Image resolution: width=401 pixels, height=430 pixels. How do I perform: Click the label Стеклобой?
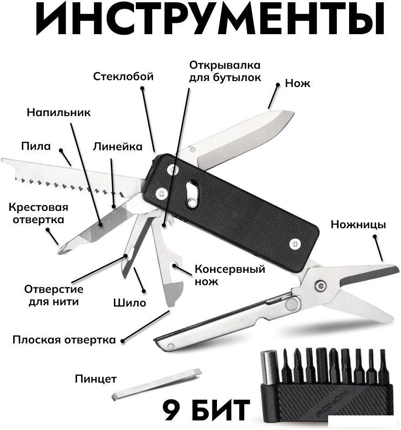[123, 76]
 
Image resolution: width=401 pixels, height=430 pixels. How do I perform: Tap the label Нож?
[298, 83]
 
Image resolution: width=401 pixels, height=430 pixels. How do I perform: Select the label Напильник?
[59, 112]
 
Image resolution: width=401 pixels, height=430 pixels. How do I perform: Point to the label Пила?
[36, 146]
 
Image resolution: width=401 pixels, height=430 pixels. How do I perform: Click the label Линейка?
[118, 147]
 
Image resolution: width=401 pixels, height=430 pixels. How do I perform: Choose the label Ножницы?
[358, 224]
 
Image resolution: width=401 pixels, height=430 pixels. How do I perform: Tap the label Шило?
[130, 303]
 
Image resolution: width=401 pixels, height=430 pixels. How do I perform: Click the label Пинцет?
[96, 379]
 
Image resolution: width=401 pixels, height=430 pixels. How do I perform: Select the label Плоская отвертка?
[64, 340]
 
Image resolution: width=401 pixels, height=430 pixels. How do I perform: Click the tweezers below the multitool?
[157, 384]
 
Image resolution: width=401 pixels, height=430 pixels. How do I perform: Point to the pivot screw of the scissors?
[320, 286]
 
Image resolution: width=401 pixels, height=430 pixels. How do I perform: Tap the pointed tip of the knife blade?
[293, 113]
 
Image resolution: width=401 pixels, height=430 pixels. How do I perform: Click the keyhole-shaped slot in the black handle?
[192, 193]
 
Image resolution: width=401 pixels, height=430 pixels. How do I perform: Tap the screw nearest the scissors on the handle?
[295, 244]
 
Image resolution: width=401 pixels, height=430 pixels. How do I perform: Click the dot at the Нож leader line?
[278, 85]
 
